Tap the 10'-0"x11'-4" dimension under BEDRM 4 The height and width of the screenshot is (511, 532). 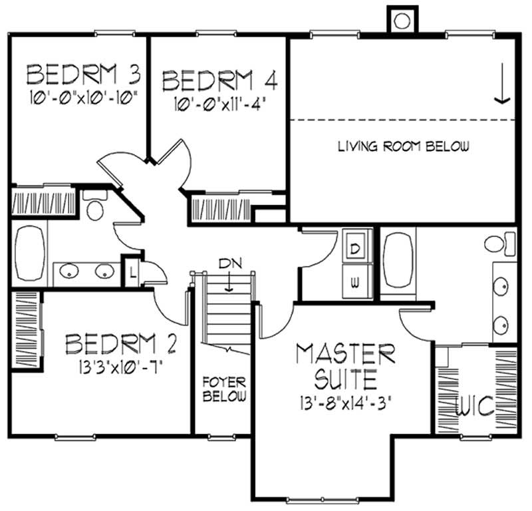tap(219, 104)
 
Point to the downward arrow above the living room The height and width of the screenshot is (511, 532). tap(501, 86)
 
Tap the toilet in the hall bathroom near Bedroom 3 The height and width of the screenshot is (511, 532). tap(96, 206)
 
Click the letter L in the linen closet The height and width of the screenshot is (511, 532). tap(132, 272)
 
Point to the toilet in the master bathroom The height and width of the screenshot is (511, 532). tap(501, 242)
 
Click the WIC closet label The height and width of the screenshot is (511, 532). tap(475, 405)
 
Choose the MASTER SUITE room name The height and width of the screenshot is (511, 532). tap(346, 366)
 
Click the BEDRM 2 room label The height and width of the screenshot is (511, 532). tap(121, 345)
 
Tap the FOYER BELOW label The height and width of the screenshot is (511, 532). tap(224, 390)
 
